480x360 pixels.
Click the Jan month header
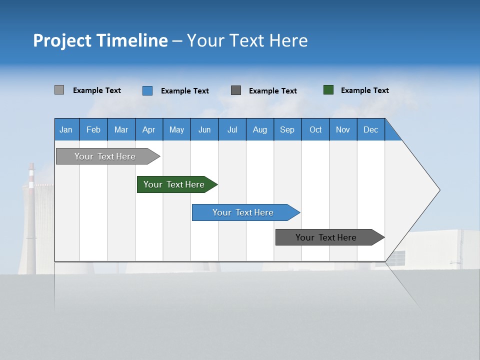tap(66, 129)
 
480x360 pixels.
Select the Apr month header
tap(149, 129)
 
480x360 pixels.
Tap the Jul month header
tap(232, 129)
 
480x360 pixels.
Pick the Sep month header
tap(287, 129)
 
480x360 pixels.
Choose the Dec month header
tap(370, 129)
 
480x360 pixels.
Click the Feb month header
tap(93, 129)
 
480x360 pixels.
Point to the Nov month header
tap(343, 129)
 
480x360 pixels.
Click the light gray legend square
tap(59, 90)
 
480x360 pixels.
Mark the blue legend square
tap(147, 90)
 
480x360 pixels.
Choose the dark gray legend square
tap(236, 90)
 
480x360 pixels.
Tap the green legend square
tap(328, 90)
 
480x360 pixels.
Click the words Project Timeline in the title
tap(100, 40)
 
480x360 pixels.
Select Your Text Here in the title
tap(247, 40)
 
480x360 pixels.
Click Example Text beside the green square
tap(364, 90)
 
